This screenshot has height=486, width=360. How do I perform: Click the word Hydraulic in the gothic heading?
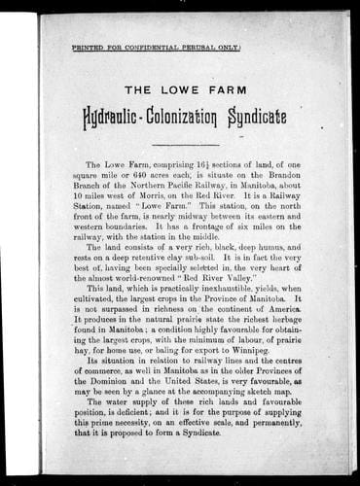pyautogui.click(x=130, y=118)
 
